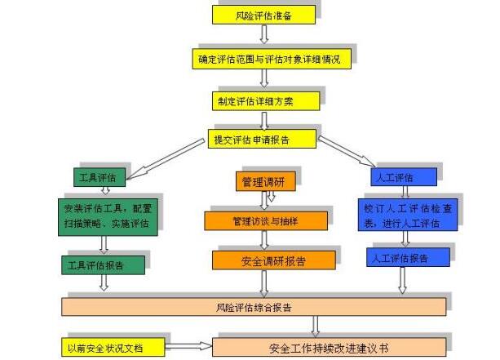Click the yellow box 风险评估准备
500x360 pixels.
(263, 16)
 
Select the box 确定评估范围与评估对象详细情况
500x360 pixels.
(263, 59)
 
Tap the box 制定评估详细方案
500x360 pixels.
(263, 101)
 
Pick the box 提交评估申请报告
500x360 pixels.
(262, 140)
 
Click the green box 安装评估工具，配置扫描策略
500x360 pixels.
(105, 216)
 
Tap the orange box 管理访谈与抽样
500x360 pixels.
(266, 220)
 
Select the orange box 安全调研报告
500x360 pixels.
(274, 260)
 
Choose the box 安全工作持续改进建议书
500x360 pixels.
(330, 348)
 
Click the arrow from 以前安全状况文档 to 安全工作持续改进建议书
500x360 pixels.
(188, 347)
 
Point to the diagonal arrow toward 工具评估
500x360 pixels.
(163, 158)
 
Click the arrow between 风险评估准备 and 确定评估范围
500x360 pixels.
(263, 35)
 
